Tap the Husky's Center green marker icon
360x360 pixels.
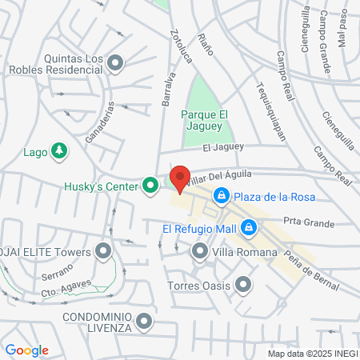pyautogui.click(x=150, y=187)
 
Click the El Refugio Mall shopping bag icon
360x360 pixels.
pyautogui.click(x=250, y=228)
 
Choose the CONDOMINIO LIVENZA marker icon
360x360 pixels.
pyautogui.click(x=144, y=322)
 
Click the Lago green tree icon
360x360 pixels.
pyautogui.click(x=58, y=150)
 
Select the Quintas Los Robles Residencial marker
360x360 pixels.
pyautogui.click(x=117, y=62)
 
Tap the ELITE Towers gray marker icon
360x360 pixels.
pyautogui.click(x=103, y=252)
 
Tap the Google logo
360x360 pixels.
pyautogui.click(x=27, y=350)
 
